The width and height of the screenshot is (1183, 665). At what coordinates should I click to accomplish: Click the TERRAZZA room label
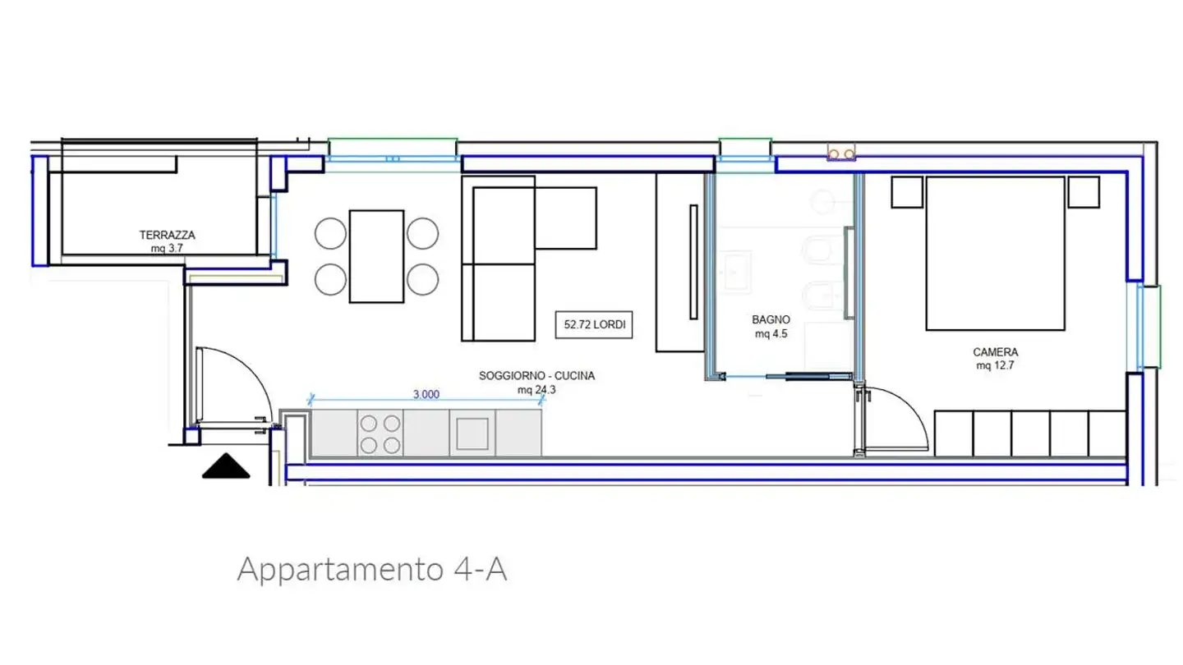coord(167,235)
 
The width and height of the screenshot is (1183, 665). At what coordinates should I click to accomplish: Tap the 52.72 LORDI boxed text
coord(595,324)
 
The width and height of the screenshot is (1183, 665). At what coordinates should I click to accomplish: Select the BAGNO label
coord(771,319)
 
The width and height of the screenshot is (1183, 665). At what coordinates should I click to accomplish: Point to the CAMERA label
coord(995,352)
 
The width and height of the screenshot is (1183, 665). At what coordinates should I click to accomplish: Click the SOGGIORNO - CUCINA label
coord(536,376)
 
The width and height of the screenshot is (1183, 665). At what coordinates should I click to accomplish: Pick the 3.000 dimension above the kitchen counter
coord(426,394)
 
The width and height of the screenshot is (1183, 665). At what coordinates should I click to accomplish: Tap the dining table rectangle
coord(376,256)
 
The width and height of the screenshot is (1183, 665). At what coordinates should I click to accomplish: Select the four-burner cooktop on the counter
coord(381,433)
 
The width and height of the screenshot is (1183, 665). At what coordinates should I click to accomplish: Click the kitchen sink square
coord(473,433)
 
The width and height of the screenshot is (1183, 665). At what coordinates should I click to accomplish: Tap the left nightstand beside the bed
coord(907,192)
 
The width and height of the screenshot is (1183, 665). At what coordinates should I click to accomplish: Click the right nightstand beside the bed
coord(1084,192)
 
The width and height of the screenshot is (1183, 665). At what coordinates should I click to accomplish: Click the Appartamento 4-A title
coord(371,568)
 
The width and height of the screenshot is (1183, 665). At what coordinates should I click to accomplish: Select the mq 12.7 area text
coord(995,366)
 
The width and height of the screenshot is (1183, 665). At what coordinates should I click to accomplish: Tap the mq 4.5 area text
coord(771,334)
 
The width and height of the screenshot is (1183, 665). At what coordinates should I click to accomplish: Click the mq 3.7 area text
coord(167,247)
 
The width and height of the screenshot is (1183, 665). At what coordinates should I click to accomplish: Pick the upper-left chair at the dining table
coord(330,233)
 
